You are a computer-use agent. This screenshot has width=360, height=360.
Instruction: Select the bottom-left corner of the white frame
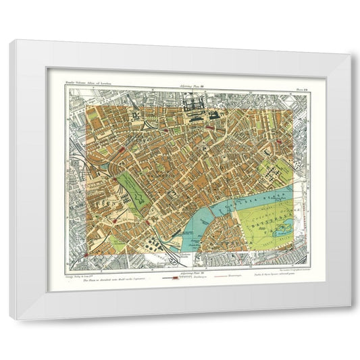point(12,317)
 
